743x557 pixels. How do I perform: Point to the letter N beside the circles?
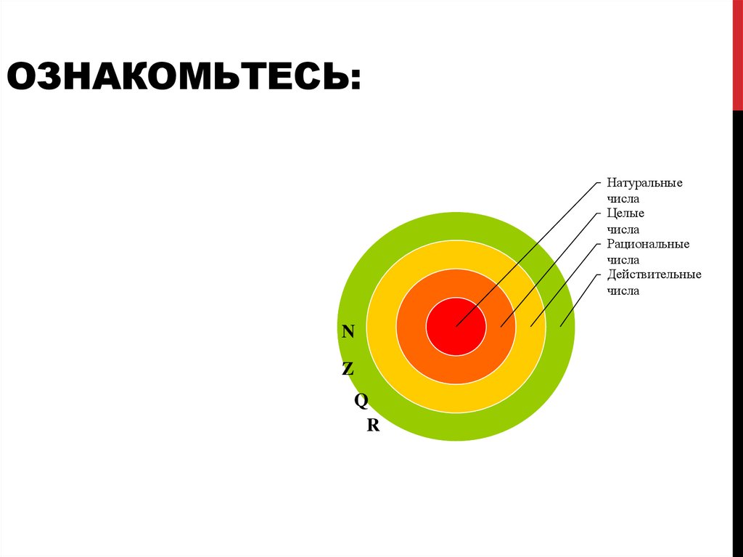click(x=348, y=332)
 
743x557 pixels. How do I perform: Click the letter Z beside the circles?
click(x=348, y=369)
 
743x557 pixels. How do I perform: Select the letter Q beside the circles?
click(x=361, y=400)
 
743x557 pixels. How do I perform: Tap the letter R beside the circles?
click(x=373, y=426)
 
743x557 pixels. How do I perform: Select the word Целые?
click(x=625, y=214)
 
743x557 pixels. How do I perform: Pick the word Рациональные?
click(x=648, y=244)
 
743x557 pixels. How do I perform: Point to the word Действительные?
click(x=654, y=275)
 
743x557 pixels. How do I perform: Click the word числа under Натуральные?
click(x=623, y=198)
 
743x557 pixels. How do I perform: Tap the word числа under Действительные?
click(x=623, y=290)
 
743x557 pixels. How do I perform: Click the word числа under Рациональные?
click(x=623, y=259)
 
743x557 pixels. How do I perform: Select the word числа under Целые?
click(x=623, y=229)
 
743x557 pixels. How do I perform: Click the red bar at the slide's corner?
click(x=737, y=54)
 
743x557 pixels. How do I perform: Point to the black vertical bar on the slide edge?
click(x=737, y=327)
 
